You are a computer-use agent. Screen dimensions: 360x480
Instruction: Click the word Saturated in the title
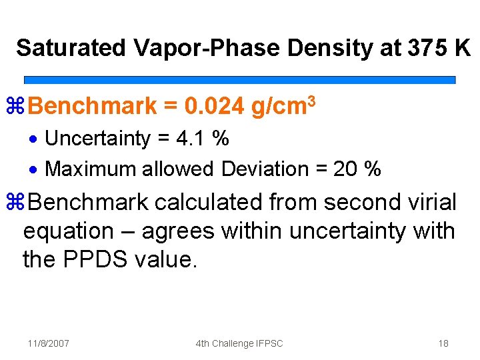pos(71,49)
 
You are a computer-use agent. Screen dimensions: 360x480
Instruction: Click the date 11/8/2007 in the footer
pos(49,343)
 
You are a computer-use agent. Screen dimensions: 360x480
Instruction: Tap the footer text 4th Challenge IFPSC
pos(239,343)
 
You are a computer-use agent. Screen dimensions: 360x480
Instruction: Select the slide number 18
pos(443,343)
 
